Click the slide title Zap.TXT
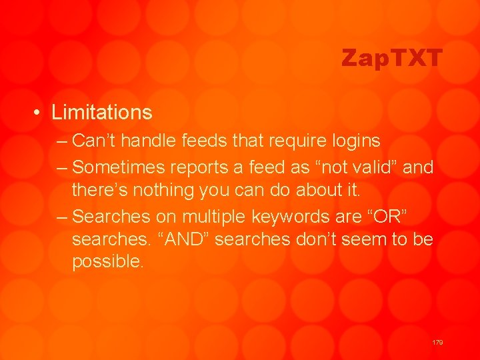point(391,59)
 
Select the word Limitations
point(102,112)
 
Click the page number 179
point(437,342)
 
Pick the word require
point(283,141)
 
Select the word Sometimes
point(121,167)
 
